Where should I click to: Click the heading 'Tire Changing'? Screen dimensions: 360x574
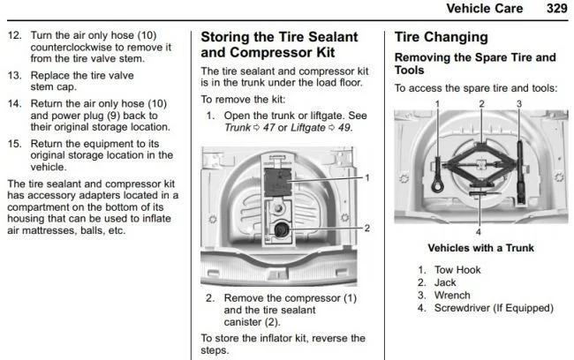click(441, 38)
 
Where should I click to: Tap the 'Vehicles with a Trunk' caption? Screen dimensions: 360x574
click(480, 248)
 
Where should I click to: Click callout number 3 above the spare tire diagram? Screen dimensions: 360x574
click(519, 104)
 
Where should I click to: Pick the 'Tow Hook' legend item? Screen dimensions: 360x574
click(456, 269)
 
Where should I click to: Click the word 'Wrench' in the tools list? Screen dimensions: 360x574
click(452, 295)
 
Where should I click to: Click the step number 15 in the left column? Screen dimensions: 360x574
click(14, 142)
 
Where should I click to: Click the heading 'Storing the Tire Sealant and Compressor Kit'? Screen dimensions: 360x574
click(279, 45)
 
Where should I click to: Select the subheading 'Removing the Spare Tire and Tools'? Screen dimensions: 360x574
click(474, 64)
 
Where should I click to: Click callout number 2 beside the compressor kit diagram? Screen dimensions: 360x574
click(366, 228)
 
